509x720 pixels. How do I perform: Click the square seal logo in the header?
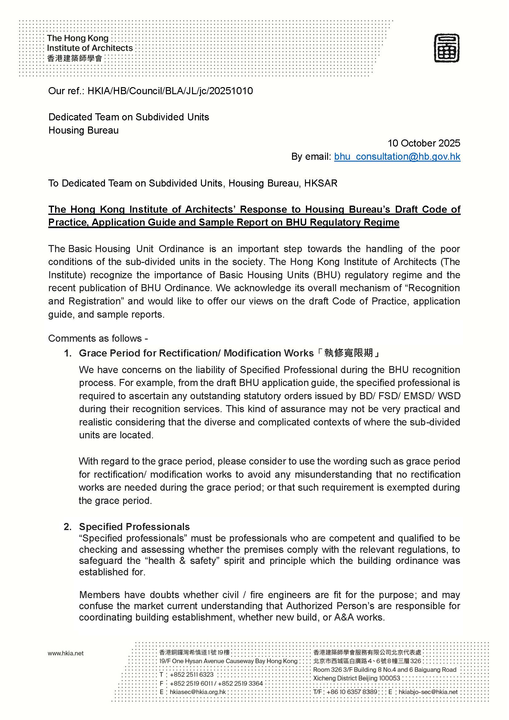click(x=446, y=48)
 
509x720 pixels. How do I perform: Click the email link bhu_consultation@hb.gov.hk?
click(x=397, y=156)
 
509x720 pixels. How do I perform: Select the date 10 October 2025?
click(x=424, y=143)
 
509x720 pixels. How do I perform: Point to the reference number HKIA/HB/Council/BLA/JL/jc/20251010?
click(x=170, y=91)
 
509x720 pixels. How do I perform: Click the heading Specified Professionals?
click(x=134, y=526)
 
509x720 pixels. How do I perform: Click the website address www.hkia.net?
click(x=66, y=653)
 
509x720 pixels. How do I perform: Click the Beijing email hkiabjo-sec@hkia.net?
click(x=428, y=692)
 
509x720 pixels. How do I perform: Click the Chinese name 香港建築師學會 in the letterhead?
click(x=74, y=58)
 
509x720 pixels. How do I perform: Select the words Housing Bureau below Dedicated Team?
click(x=83, y=130)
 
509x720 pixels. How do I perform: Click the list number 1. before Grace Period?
click(x=68, y=353)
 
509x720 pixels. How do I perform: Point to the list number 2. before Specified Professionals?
click(x=68, y=526)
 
